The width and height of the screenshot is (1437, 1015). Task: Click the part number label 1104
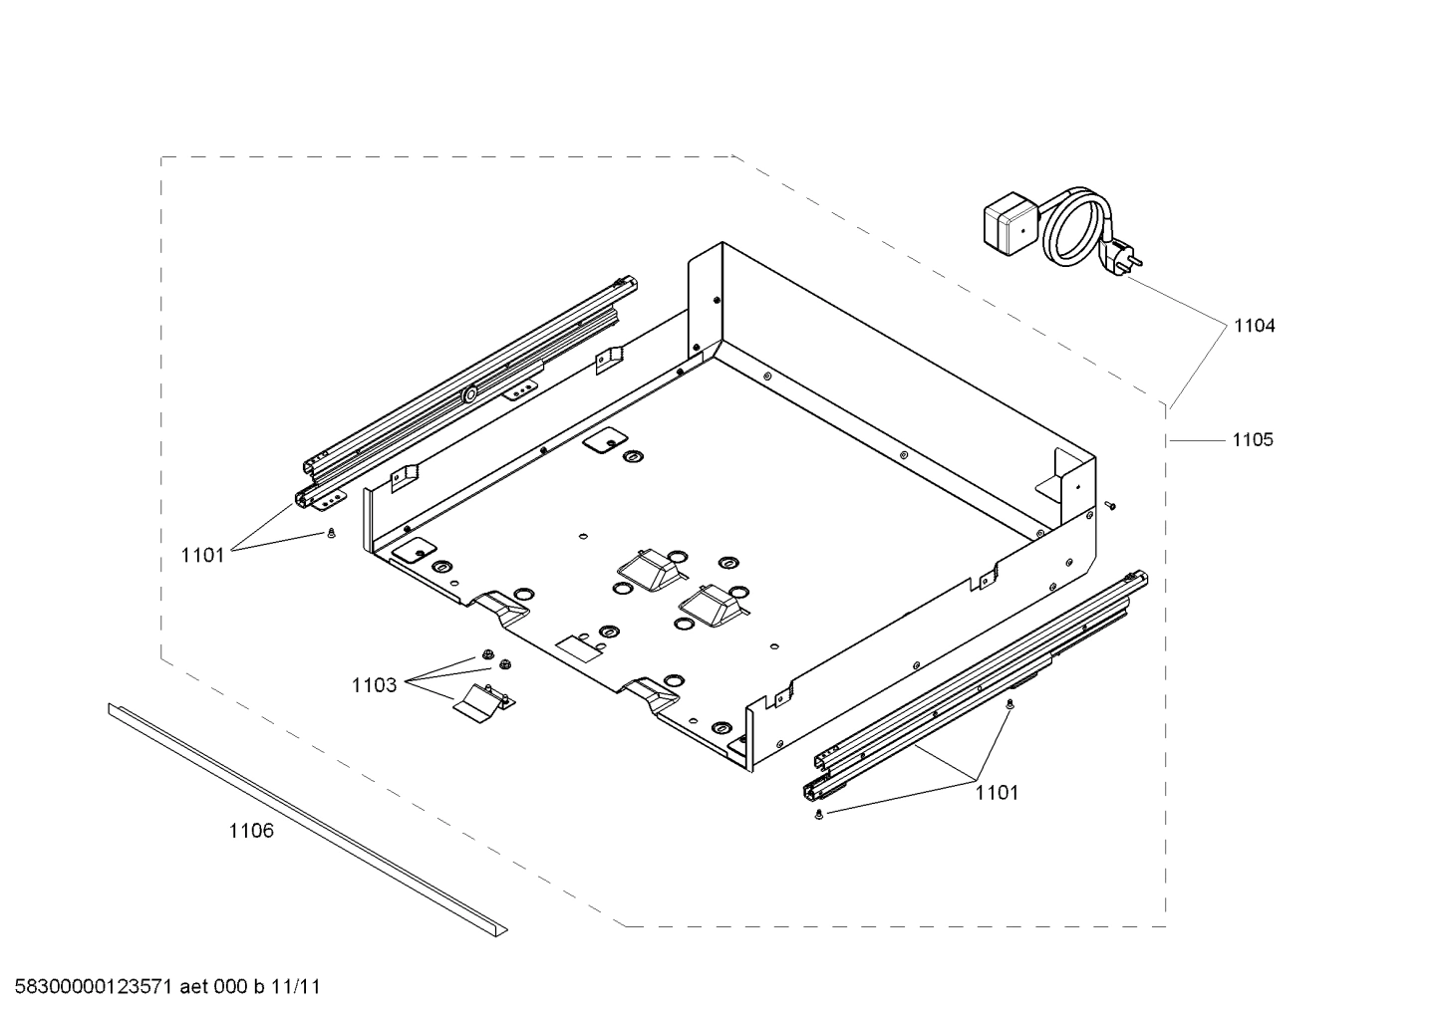pos(1254,326)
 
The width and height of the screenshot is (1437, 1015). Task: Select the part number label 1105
pos(1252,439)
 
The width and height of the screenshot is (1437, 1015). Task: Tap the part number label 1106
pos(251,831)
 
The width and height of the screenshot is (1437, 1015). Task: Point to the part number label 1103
pos(374,685)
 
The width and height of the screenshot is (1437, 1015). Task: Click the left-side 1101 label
pos(203,556)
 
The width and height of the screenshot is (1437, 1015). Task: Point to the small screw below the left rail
pos(330,534)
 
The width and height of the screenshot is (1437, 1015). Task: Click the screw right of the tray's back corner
pos(1110,506)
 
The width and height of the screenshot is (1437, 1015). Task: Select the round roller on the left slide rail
pos(467,395)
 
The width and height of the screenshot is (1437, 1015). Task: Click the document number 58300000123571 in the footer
pos(91,987)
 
